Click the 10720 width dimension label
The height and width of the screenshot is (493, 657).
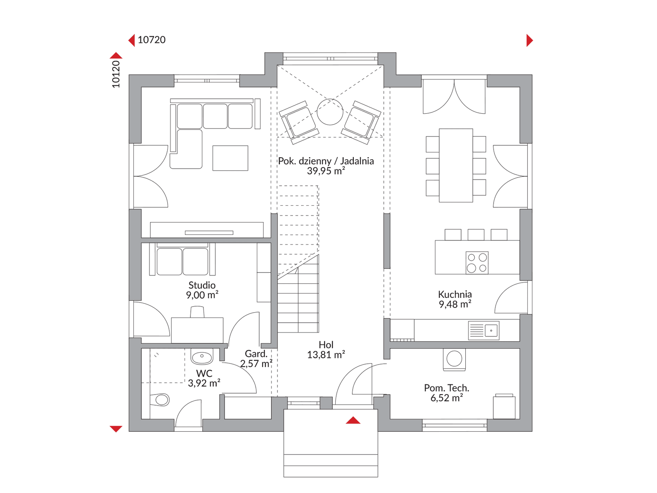coord(152,40)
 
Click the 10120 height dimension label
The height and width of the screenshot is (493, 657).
coord(116,74)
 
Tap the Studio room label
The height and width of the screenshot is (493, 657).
coord(202,285)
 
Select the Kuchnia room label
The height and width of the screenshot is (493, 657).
coord(455,294)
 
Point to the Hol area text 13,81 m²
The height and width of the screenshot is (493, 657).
coord(326,355)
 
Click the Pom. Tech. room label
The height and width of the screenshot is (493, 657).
coord(447,388)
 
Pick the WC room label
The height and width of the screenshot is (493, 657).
coord(204,373)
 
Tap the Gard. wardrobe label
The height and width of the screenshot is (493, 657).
coord(256,354)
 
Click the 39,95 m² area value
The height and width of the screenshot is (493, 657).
coord(326,171)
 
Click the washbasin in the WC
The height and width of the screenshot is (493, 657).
coord(202,356)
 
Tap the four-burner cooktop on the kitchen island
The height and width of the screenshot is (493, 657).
coord(477,262)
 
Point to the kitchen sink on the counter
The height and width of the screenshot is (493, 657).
coord(483,330)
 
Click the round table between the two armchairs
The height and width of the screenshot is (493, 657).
coord(330,112)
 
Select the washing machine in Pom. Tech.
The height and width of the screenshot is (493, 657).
coord(454,360)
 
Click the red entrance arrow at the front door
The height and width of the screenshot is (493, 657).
coord(353,420)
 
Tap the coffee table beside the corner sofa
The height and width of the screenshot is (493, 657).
coord(230,158)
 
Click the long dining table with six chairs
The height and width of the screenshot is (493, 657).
coord(456,165)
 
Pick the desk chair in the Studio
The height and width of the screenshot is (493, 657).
coord(197,312)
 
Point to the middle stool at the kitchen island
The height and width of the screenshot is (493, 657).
coord(476,235)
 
